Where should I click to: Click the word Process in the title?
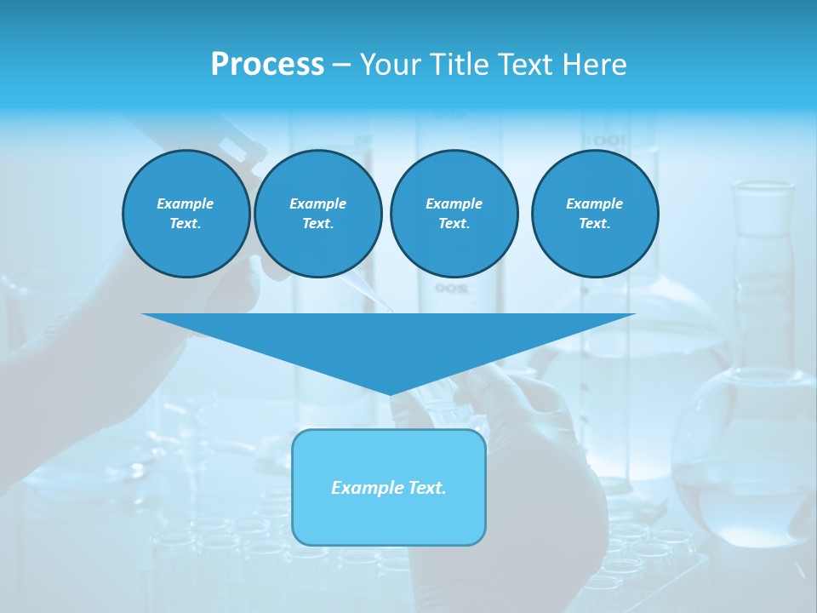(x=267, y=65)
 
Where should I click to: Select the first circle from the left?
(x=186, y=214)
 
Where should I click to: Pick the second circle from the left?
(x=317, y=214)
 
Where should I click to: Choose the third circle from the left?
(x=454, y=214)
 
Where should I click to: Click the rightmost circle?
(x=594, y=214)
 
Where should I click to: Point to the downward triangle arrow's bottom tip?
(x=390, y=393)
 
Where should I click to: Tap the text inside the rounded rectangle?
(x=389, y=488)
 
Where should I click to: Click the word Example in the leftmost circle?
(x=186, y=203)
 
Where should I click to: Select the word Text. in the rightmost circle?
(x=594, y=224)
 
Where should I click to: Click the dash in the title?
(x=341, y=65)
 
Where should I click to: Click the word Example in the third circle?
(x=454, y=203)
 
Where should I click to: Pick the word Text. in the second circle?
(x=317, y=224)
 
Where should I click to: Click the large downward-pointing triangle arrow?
(x=389, y=341)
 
